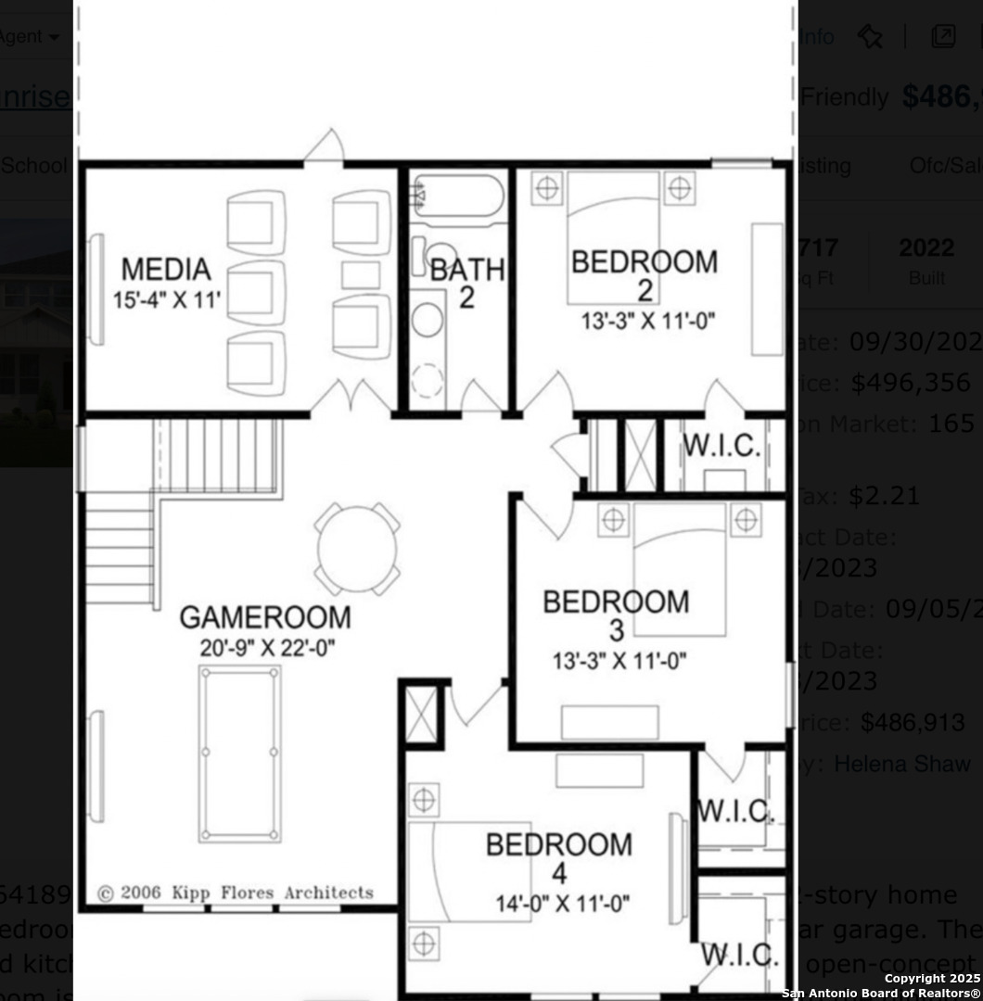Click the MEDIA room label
click(167, 270)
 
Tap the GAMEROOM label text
click(264, 617)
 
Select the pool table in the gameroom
click(239, 754)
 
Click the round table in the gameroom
click(357, 549)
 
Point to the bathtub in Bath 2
click(458, 196)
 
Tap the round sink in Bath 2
click(428, 320)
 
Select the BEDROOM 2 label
click(644, 263)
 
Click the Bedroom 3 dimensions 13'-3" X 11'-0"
click(619, 661)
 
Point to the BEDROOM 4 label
click(559, 845)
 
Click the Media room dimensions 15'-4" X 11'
click(167, 300)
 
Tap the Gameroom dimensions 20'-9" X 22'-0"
click(267, 647)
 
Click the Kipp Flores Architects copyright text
click(236, 893)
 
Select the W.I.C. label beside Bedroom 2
click(722, 446)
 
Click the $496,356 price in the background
click(911, 383)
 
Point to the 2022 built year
click(926, 248)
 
